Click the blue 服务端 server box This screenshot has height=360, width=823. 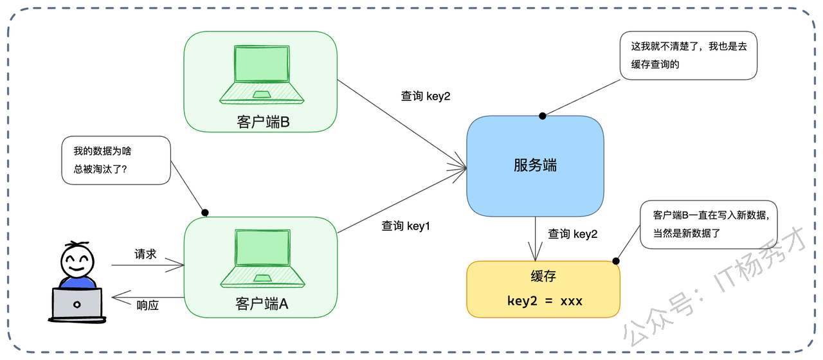click(535, 166)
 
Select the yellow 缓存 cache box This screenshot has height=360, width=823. click(543, 289)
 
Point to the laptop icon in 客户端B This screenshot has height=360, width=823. click(261, 74)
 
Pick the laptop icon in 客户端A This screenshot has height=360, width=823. click(261, 257)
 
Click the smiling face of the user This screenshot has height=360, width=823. click(77, 260)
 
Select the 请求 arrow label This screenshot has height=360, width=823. click(145, 254)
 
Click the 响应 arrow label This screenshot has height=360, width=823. click(147, 305)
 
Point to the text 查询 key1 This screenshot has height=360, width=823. click(405, 226)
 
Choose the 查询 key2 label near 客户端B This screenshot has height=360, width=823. click(426, 96)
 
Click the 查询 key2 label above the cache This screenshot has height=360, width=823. click(572, 234)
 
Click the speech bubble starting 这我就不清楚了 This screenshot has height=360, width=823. click(688, 56)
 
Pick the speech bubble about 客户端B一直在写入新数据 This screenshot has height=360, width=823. click(709, 224)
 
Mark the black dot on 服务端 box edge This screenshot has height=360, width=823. click(543, 116)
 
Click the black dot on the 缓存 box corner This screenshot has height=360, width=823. click(616, 261)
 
